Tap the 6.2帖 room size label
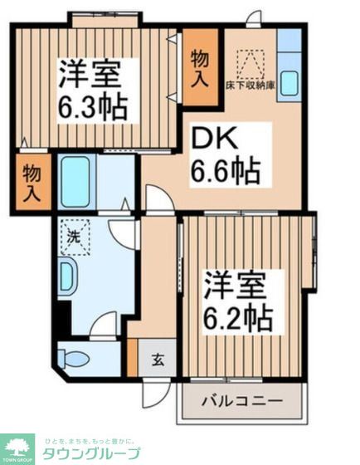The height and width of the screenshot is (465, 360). click(236, 319)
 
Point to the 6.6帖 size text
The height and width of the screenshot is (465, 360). click(226, 173)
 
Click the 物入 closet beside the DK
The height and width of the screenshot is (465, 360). click(200, 67)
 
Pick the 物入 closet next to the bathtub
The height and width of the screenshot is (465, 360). click(32, 182)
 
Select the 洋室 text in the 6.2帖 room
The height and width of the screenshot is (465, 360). click(236, 286)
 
